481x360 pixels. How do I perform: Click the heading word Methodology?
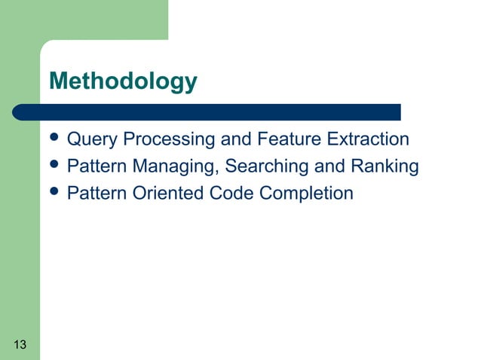[x=123, y=81]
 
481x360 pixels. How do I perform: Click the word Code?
[x=231, y=194]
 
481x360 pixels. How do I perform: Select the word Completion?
[x=306, y=194]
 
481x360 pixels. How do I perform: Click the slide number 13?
[x=20, y=346]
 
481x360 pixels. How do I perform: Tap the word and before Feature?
[x=233, y=140]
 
